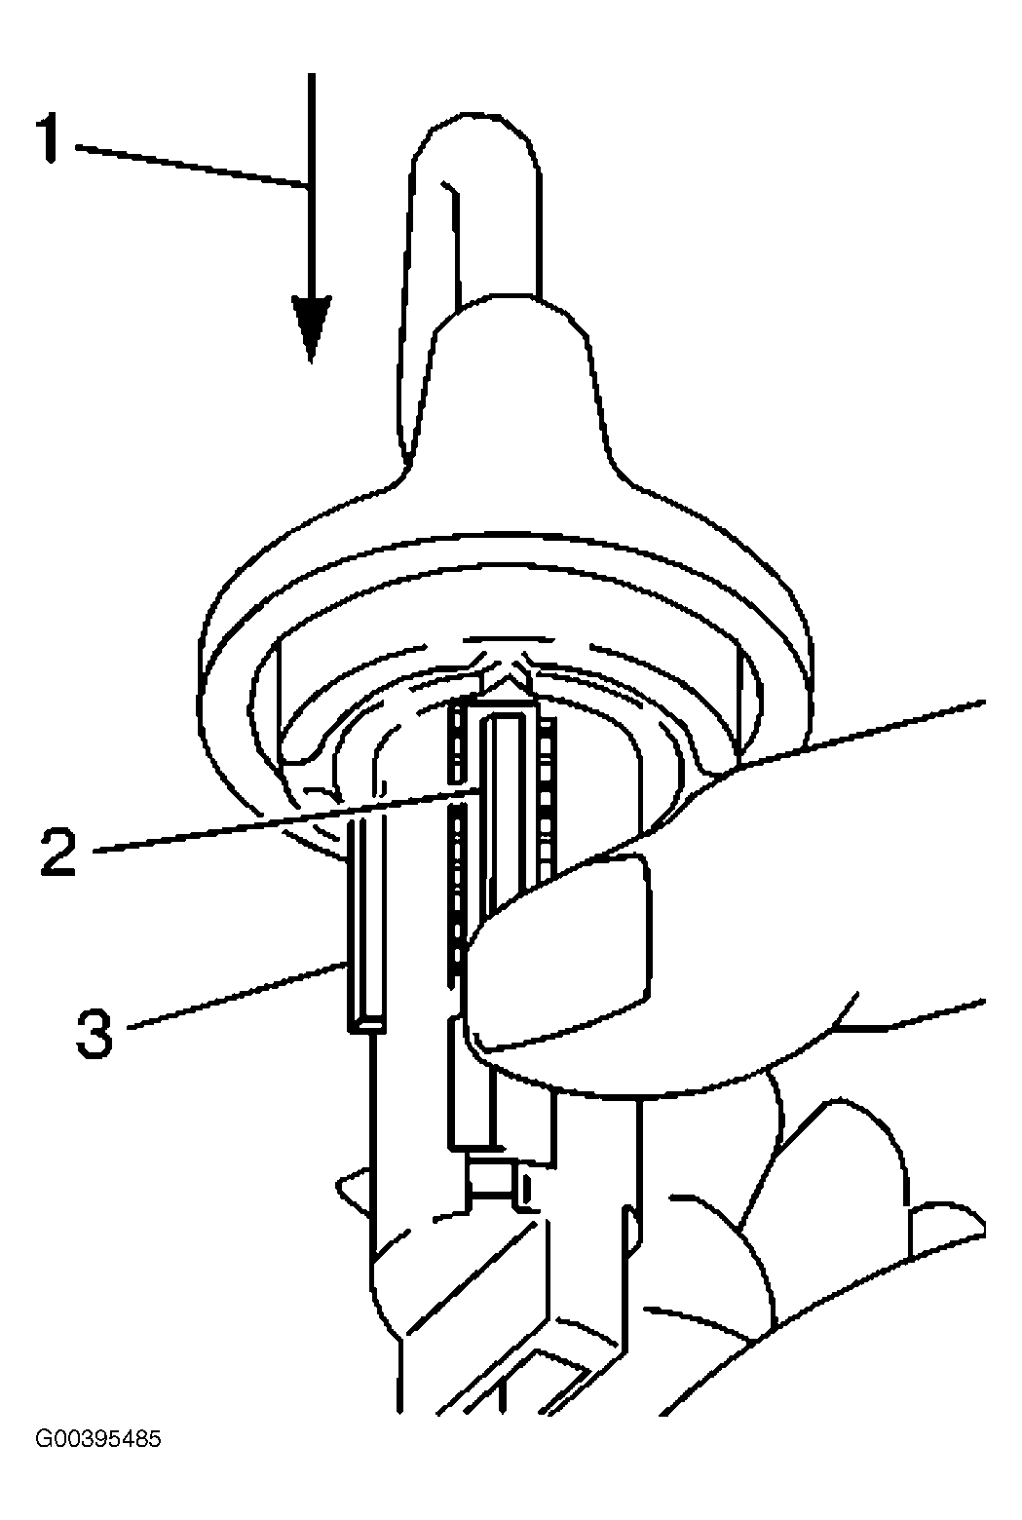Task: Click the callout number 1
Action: click(x=52, y=138)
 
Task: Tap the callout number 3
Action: click(x=95, y=1034)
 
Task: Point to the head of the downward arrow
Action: click(x=312, y=328)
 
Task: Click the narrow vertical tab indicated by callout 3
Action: click(x=365, y=926)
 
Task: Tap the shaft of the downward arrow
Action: click(x=312, y=184)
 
